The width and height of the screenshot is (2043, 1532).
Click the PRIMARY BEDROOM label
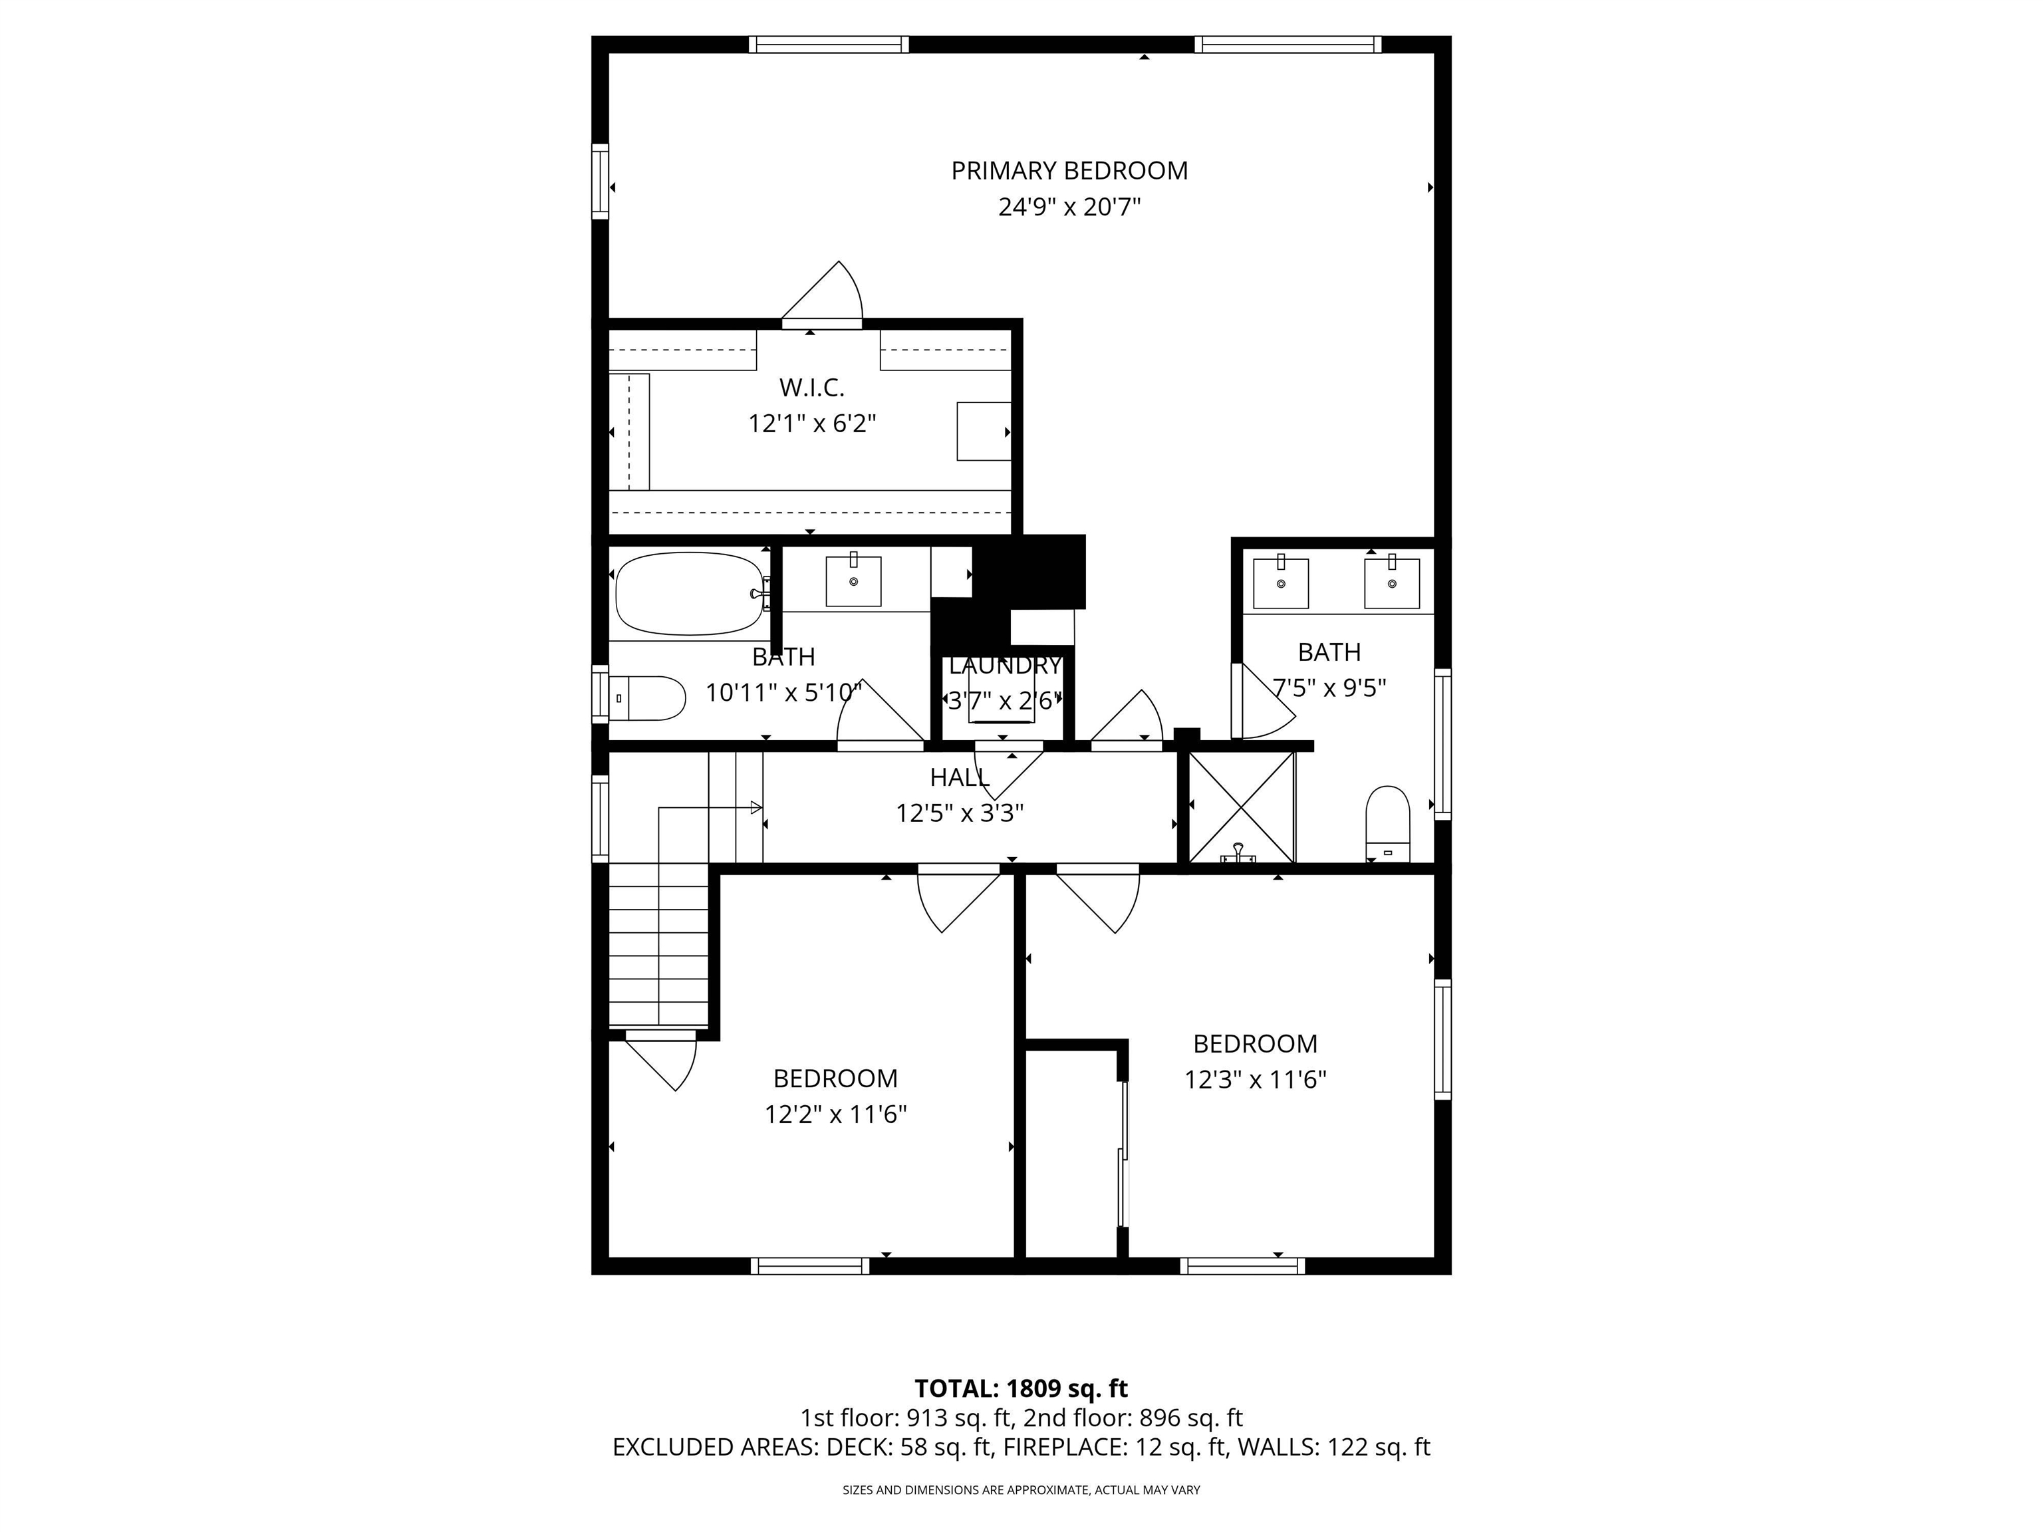[x=1069, y=171]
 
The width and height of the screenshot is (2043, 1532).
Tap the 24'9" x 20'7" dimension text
[x=1069, y=207]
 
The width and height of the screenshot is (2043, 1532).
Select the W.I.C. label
[x=811, y=387]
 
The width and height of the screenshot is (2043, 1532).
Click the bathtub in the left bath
[x=689, y=594]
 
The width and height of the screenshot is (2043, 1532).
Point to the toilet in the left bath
[x=651, y=698]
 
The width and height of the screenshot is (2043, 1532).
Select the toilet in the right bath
[x=1387, y=820]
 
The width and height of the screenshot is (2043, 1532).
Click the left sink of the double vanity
[x=1280, y=582]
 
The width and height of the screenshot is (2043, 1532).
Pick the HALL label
[x=959, y=777]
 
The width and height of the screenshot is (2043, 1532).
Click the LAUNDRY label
[x=1004, y=665]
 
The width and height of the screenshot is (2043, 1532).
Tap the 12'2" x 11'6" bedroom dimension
[x=835, y=1114]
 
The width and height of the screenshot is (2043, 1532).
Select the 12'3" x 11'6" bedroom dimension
[x=1254, y=1079]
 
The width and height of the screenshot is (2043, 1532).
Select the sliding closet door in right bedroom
[x=1123, y=1154]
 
